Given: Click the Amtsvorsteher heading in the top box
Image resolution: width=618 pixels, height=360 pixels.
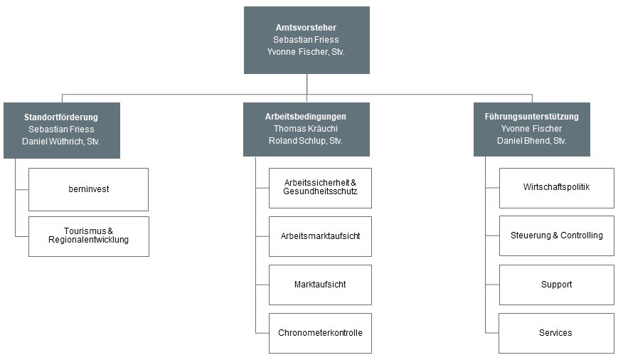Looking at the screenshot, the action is (x=306, y=28).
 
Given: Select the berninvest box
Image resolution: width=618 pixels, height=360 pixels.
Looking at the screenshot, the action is (x=89, y=190).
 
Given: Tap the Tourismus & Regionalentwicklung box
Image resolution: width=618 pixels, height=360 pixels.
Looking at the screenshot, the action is (x=89, y=237).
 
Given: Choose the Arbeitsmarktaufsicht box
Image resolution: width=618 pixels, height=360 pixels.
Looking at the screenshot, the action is (x=320, y=237).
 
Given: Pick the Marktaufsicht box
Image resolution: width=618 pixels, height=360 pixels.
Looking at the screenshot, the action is (x=320, y=285).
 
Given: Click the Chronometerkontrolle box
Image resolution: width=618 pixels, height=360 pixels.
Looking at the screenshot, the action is (x=320, y=333).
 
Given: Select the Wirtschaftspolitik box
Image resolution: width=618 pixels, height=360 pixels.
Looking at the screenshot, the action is (x=557, y=188).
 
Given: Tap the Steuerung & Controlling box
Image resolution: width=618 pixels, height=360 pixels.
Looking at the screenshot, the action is (x=557, y=235).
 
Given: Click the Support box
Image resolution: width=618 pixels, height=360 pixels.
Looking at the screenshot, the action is (x=557, y=285).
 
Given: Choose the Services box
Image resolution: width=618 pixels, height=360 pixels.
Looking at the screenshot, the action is (x=556, y=333).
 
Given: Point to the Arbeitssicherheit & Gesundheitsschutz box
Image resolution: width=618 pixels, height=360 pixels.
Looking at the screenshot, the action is (x=320, y=188).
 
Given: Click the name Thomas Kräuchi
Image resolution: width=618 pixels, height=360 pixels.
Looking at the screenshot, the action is (x=306, y=129).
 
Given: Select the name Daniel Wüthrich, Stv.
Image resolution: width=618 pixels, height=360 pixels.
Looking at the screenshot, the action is (x=61, y=142).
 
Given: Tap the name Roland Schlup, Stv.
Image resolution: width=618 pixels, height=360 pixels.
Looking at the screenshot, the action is (x=306, y=141).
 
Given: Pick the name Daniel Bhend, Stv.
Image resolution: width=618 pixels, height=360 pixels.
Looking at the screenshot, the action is (x=532, y=141).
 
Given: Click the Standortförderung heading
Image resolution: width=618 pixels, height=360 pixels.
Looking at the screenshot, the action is (x=61, y=117).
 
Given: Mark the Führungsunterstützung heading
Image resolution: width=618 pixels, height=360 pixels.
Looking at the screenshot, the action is (x=532, y=117).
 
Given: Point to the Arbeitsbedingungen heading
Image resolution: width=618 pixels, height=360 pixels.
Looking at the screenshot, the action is (x=306, y=117).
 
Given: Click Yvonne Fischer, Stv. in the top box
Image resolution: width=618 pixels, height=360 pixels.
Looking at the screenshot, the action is (x=306, y=52).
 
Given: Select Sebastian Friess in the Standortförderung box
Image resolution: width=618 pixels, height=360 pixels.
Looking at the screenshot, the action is (x=61, y=129).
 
